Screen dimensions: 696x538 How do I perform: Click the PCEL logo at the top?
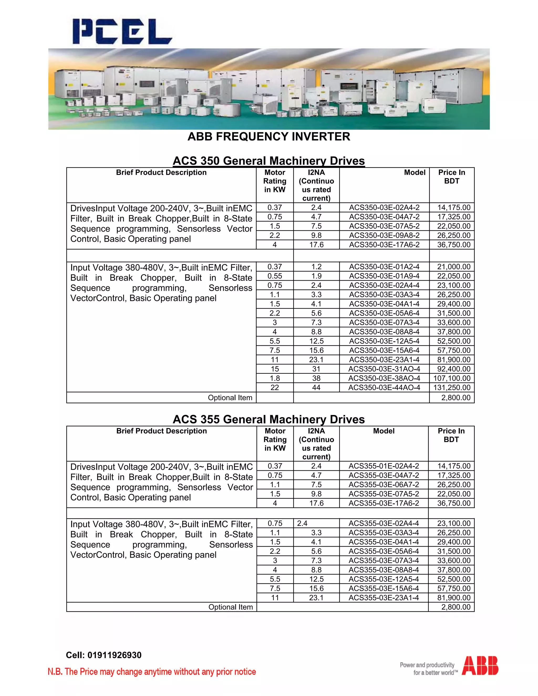click(122, 31)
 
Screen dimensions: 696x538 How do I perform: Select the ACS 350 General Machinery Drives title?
click(269, 161)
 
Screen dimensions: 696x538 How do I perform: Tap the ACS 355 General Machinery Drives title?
click(269, 419)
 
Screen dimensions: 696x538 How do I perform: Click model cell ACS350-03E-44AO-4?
click(384, 387)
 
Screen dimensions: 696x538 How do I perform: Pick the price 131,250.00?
click(452, 387)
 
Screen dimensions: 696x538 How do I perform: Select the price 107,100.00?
click(452, 378)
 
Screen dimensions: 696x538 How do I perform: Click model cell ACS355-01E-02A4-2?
click(384, 466)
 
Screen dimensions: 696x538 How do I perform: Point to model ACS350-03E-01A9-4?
click(384, 276)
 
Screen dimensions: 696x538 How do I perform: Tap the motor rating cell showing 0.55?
click(275, 276)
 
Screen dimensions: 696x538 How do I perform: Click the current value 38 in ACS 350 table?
click(316, 378)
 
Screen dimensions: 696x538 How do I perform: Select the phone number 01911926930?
click(115, 655)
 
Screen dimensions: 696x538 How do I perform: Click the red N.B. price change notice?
click(152, 672)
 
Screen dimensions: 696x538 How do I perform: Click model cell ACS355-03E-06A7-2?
click(384, 484)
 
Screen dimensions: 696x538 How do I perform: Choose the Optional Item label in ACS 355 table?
click(230, 607)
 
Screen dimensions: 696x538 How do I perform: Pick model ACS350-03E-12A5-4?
click(384, 341)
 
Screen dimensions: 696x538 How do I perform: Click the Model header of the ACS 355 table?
click(384, 431)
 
